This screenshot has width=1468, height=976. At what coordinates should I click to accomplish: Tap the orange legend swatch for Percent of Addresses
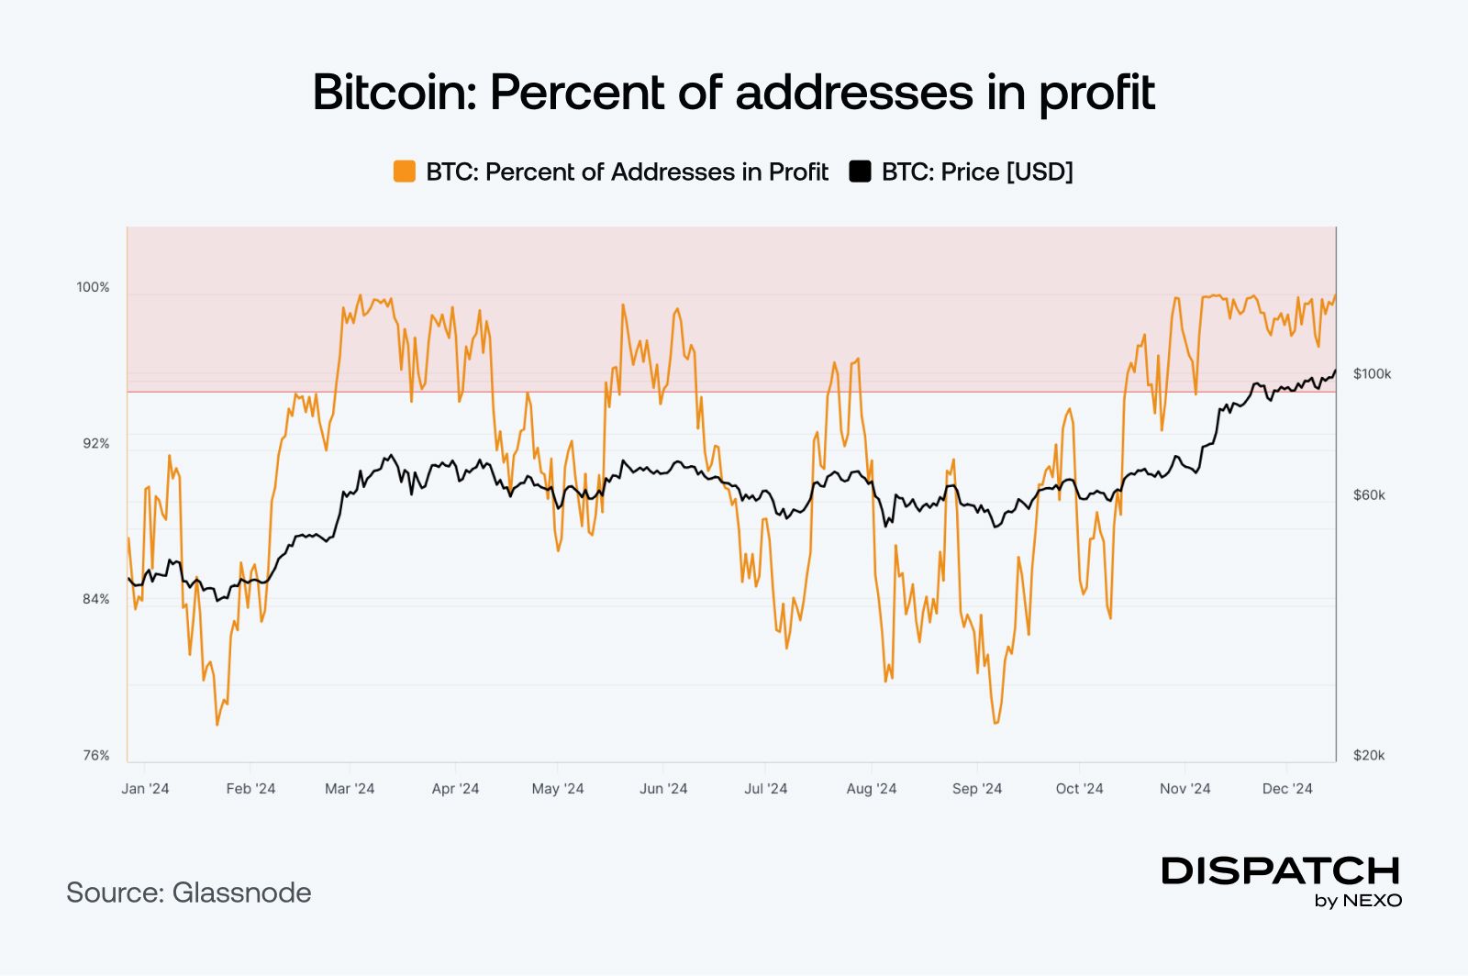click(x=405, y=172)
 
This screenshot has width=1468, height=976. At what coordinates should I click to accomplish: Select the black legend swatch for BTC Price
click(x=860, y=172)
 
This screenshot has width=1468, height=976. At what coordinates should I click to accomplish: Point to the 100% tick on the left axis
click(x=93, y=287)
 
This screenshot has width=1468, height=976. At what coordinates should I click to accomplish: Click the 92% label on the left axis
click(x=95, y=443)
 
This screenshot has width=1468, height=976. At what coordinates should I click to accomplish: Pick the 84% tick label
click(x=95, y=599)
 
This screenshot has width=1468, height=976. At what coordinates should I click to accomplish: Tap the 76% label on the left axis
click(x=95, y=755)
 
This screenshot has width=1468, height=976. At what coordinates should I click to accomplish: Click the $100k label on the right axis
click(x=1372, y=373)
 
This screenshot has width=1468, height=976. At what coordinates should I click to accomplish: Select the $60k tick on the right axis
click(x=1369, y=494)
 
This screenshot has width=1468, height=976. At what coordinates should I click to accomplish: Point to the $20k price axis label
click(x=1369, y=755)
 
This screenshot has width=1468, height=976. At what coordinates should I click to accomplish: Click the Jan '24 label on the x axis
click(x=145, y=789)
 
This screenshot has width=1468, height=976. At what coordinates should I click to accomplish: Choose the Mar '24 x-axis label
click(x=350, y=789)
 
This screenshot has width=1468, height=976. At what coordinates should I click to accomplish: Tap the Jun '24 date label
click(x=663, y=789)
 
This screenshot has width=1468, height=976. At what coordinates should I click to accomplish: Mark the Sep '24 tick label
click(x=977, y=789)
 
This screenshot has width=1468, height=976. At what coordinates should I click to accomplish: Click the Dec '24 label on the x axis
click(x=1287, y=789)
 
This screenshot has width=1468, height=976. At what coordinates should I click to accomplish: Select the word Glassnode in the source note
click(x=241, y=893)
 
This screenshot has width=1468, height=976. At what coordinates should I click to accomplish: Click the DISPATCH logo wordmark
click(x=1281, y=871)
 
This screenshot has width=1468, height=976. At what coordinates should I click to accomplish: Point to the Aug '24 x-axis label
click(x=872, y=789)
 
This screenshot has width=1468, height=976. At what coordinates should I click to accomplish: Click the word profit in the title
click(x=1096, y=93)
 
